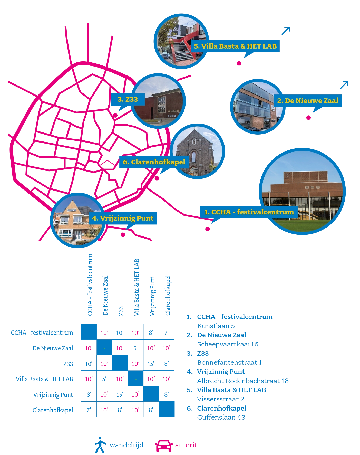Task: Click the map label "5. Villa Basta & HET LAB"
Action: click(235, 46)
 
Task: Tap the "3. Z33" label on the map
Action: click(128, 99)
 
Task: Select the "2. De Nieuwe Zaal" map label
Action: click(307, 100)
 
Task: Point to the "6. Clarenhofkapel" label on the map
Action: click(154, 162)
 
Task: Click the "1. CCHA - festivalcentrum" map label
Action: click(249, 212)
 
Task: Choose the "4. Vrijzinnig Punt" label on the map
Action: click(123, 218)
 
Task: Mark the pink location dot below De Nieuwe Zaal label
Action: click(308, 118)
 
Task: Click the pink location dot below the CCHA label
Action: click(208, 229)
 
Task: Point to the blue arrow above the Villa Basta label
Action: click(286, 31)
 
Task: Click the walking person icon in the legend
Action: click(100, 445)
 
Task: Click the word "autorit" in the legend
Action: click(186, 445)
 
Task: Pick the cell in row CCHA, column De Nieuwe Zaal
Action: click(104, 333)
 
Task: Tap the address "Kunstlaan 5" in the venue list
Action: click(216, 326)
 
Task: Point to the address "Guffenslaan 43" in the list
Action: click(221, 417)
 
